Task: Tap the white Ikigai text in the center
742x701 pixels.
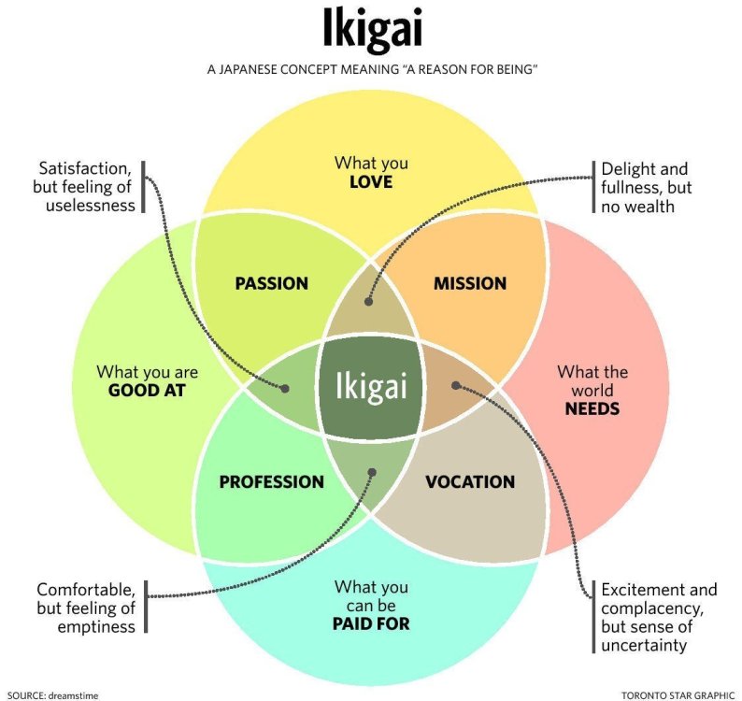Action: (371, 386)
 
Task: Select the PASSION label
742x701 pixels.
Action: (271, 283)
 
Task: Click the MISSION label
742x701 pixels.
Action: (469, 283)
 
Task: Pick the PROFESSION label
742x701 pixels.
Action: (271, 482)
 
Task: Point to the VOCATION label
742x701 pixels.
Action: (469, 482)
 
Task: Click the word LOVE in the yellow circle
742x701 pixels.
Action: (371, 181)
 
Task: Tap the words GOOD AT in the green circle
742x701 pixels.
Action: (147, 391)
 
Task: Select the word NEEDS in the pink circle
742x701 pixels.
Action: (592, 408)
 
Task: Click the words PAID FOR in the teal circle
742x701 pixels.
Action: (371, 622)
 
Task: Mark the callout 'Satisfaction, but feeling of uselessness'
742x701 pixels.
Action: (87, 186)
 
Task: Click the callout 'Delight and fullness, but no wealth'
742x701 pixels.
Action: (647, 187)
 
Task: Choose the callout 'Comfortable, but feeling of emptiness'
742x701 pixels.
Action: (86, 608)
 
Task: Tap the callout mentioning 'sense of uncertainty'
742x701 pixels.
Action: (659, 617)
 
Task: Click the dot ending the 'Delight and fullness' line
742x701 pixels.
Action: (368, 302)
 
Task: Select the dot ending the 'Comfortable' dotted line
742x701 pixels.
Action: (372, 473)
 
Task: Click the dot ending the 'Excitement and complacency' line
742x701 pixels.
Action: (455, 384)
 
